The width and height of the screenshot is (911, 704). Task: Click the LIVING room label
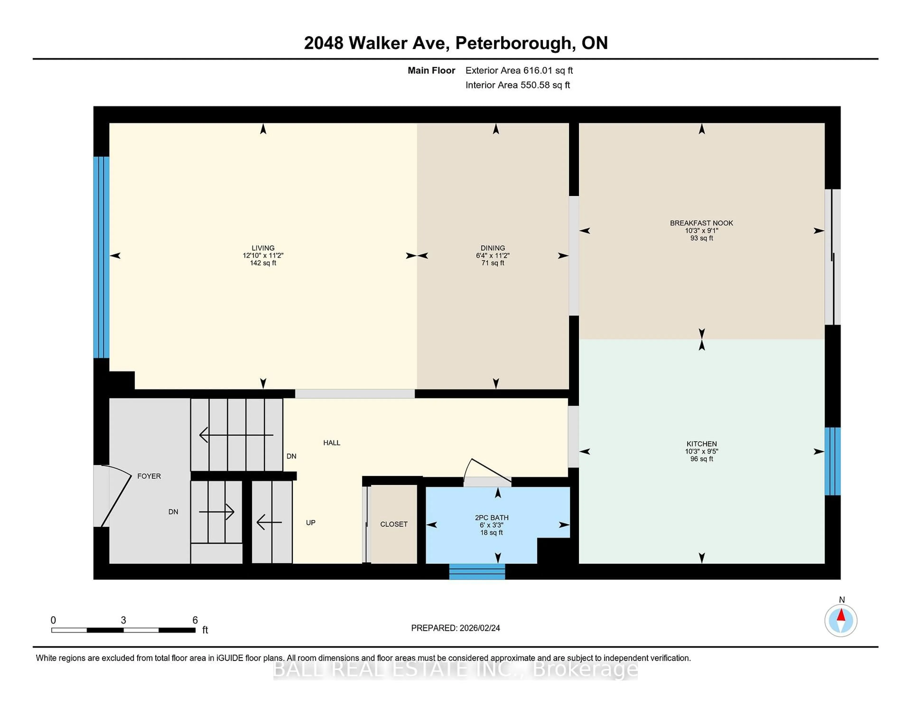click(x=263, y=248)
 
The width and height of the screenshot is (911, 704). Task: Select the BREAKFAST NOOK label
click(x=701, y=223)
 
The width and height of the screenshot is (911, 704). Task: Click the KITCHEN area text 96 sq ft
click(x=702, y=459)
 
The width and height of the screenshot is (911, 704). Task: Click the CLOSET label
click(x=394, y=524)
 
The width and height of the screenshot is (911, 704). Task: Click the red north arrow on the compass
click(x=841, y=615)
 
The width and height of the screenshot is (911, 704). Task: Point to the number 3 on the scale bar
click(x=123, y=620)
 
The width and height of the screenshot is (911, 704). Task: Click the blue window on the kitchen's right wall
click(x=832, y=461)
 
